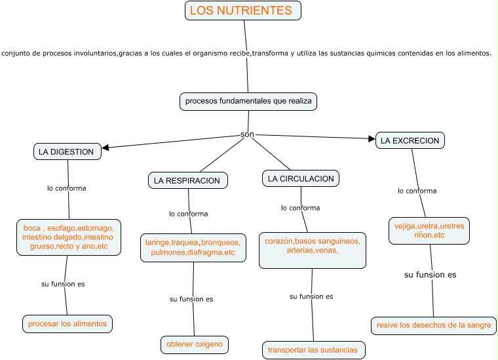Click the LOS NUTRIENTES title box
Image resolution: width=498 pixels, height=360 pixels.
click(243, 10)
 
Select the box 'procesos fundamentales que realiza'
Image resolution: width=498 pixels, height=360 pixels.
click(248, 101)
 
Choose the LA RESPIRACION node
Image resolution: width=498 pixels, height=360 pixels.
click(188, 180)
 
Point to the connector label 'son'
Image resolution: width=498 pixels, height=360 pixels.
click(248, 134)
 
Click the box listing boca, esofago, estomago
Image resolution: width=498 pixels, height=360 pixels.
click(67, 237)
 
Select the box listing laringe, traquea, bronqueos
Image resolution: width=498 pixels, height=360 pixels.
click(193, 247)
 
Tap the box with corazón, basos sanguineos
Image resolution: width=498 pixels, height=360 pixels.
click(312, 250)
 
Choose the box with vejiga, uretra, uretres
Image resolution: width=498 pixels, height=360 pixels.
click(429, 230)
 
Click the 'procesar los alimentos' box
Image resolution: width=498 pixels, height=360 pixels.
click(67, 323)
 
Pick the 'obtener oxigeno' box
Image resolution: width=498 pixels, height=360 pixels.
click(195, 344)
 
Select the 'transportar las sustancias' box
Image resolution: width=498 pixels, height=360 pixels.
click(313, 350)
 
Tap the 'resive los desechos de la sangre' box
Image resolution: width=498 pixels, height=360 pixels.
click(433, 325)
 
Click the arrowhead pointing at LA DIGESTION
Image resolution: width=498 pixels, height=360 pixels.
click(106, 148)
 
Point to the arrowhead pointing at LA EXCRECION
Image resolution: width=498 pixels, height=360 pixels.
click(371, 138)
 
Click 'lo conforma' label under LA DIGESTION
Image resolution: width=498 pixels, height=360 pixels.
click(66, 188)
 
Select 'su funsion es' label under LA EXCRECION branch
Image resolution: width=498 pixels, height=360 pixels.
click(430, 275)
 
